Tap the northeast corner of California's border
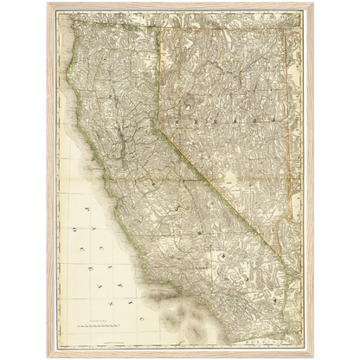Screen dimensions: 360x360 pyautogui.click(x=159, y=33)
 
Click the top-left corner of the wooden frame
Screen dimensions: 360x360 pyautogui.click(x=47, y=3)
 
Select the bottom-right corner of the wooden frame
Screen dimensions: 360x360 pyautogui.click(x=312, y=357)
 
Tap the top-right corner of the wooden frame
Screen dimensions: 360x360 pyautogui.click(x=312, y=3)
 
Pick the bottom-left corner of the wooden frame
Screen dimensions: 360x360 pyautogui.click(x=47, y=357)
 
